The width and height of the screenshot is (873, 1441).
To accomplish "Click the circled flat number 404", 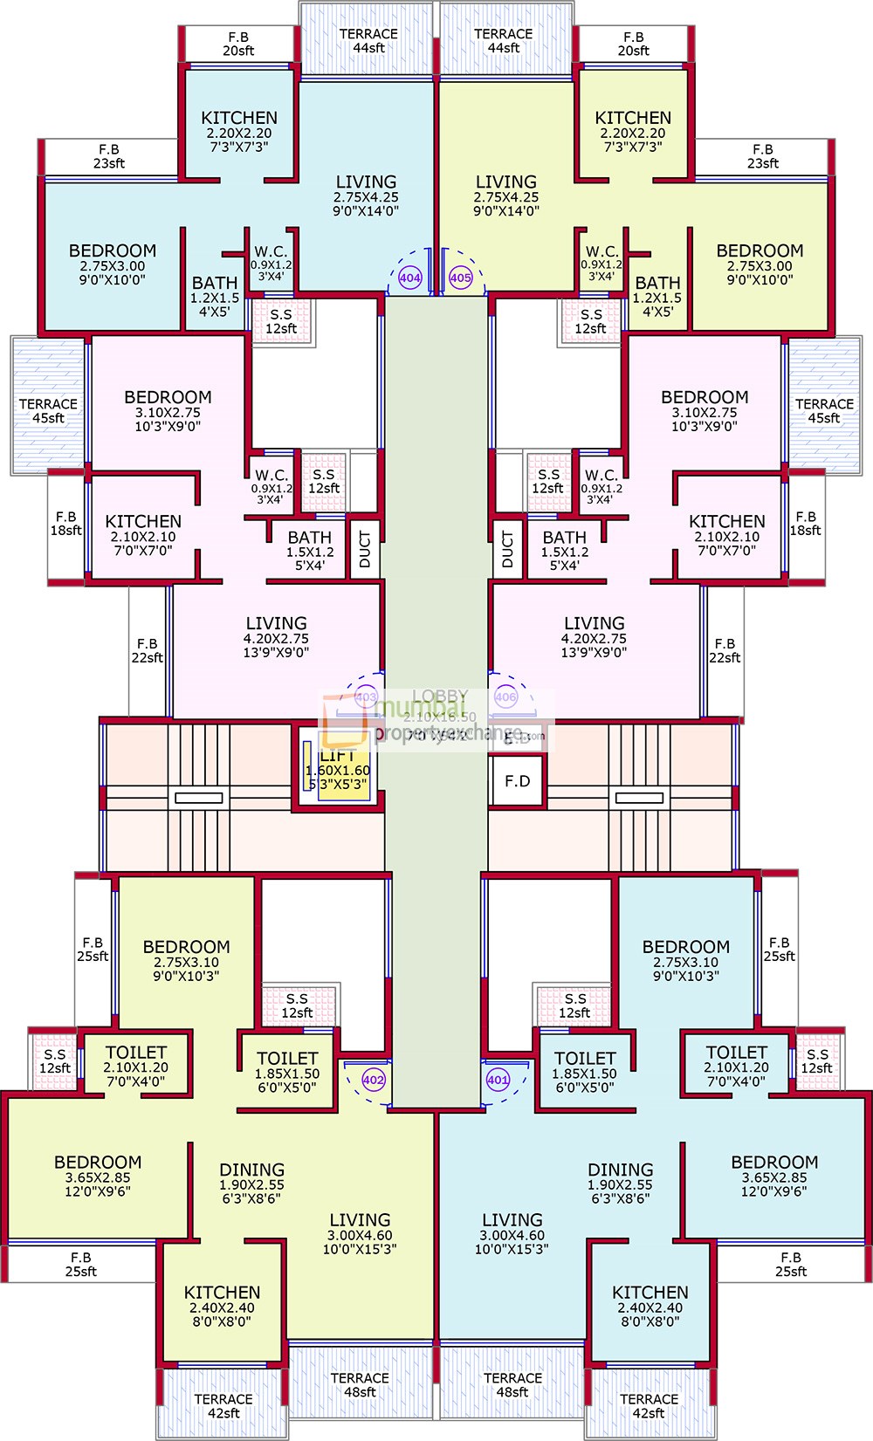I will coord(409,278).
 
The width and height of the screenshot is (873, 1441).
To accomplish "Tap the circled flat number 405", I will coord(460,278).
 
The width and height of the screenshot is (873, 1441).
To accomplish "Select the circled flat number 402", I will coord(373,1080).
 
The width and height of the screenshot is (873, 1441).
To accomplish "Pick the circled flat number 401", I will coord(498,1080).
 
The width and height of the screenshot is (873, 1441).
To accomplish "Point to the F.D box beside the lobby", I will coord(518,781).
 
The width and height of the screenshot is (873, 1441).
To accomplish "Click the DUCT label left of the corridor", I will coord(365,550).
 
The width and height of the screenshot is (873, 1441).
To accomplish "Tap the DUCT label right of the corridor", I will coord(508,550).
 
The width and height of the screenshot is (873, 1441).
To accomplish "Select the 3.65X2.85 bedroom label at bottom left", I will coord(98,1176).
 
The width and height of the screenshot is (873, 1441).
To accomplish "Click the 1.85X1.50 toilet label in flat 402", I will coord(287,1073).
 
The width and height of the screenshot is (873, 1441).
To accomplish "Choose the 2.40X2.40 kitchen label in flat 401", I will coord(650,1307).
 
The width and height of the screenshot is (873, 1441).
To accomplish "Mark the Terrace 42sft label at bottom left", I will coord(223,1405).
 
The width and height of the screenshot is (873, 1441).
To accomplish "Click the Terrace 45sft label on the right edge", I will coord(824,410).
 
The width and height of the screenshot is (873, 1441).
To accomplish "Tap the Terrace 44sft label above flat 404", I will coord(368,40).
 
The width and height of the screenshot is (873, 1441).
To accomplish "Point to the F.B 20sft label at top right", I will coord(634,44).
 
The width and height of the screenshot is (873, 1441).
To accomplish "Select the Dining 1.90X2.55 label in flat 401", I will coord(621,1184).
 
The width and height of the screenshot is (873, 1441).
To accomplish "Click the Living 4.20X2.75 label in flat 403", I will coord(276,637).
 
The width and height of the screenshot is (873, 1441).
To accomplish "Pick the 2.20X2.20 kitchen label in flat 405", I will coord(633,132).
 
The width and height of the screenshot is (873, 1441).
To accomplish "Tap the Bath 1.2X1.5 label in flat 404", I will coord(215,297).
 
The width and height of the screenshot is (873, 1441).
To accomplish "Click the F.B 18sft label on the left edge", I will coord(65,524).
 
